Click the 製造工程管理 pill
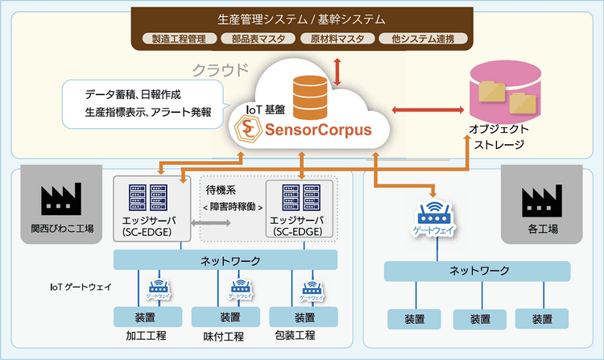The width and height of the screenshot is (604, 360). click(x=174, y=38)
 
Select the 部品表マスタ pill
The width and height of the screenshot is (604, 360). click(x=254, y=38)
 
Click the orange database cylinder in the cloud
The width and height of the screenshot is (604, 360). click(x=310, y=96)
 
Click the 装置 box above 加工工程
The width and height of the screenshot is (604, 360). click(x=145, y=317)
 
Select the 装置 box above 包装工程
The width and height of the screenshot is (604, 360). click(x=304, y=317)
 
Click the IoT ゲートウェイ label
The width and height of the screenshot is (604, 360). click(x=81, y=286)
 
